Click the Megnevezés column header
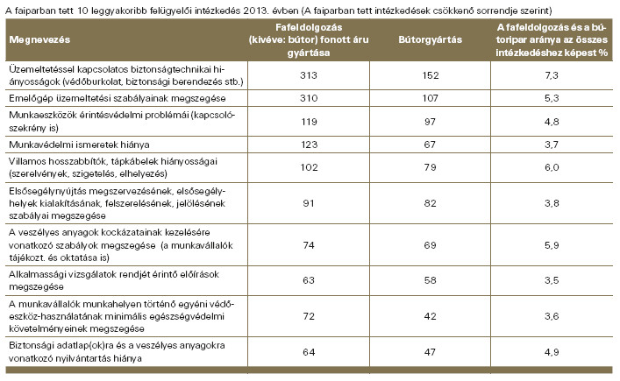point(39,40)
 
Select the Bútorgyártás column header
point(431,40)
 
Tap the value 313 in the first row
point(309,75)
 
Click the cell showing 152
point(431,75)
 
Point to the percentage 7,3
point(552,75)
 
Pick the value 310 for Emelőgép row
point(309,98)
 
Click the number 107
point(431,98)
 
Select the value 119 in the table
point(309,122)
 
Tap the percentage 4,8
point(552,122)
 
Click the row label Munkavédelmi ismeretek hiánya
point(79,145)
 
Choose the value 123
point(309,145)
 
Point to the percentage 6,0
point(552,167)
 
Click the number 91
point(309,203)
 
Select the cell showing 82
point(431,203)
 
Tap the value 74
point(309,245)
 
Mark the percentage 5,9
point(552,245)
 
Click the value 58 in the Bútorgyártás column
point(431,280)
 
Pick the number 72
point(309,316)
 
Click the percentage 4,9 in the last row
point(552,352)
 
